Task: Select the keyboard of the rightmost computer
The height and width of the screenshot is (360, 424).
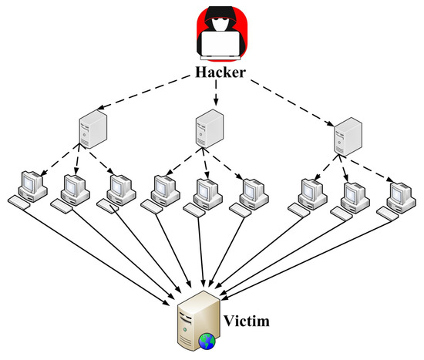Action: [392, 211]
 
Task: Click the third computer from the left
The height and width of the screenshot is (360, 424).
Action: [120, 189]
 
